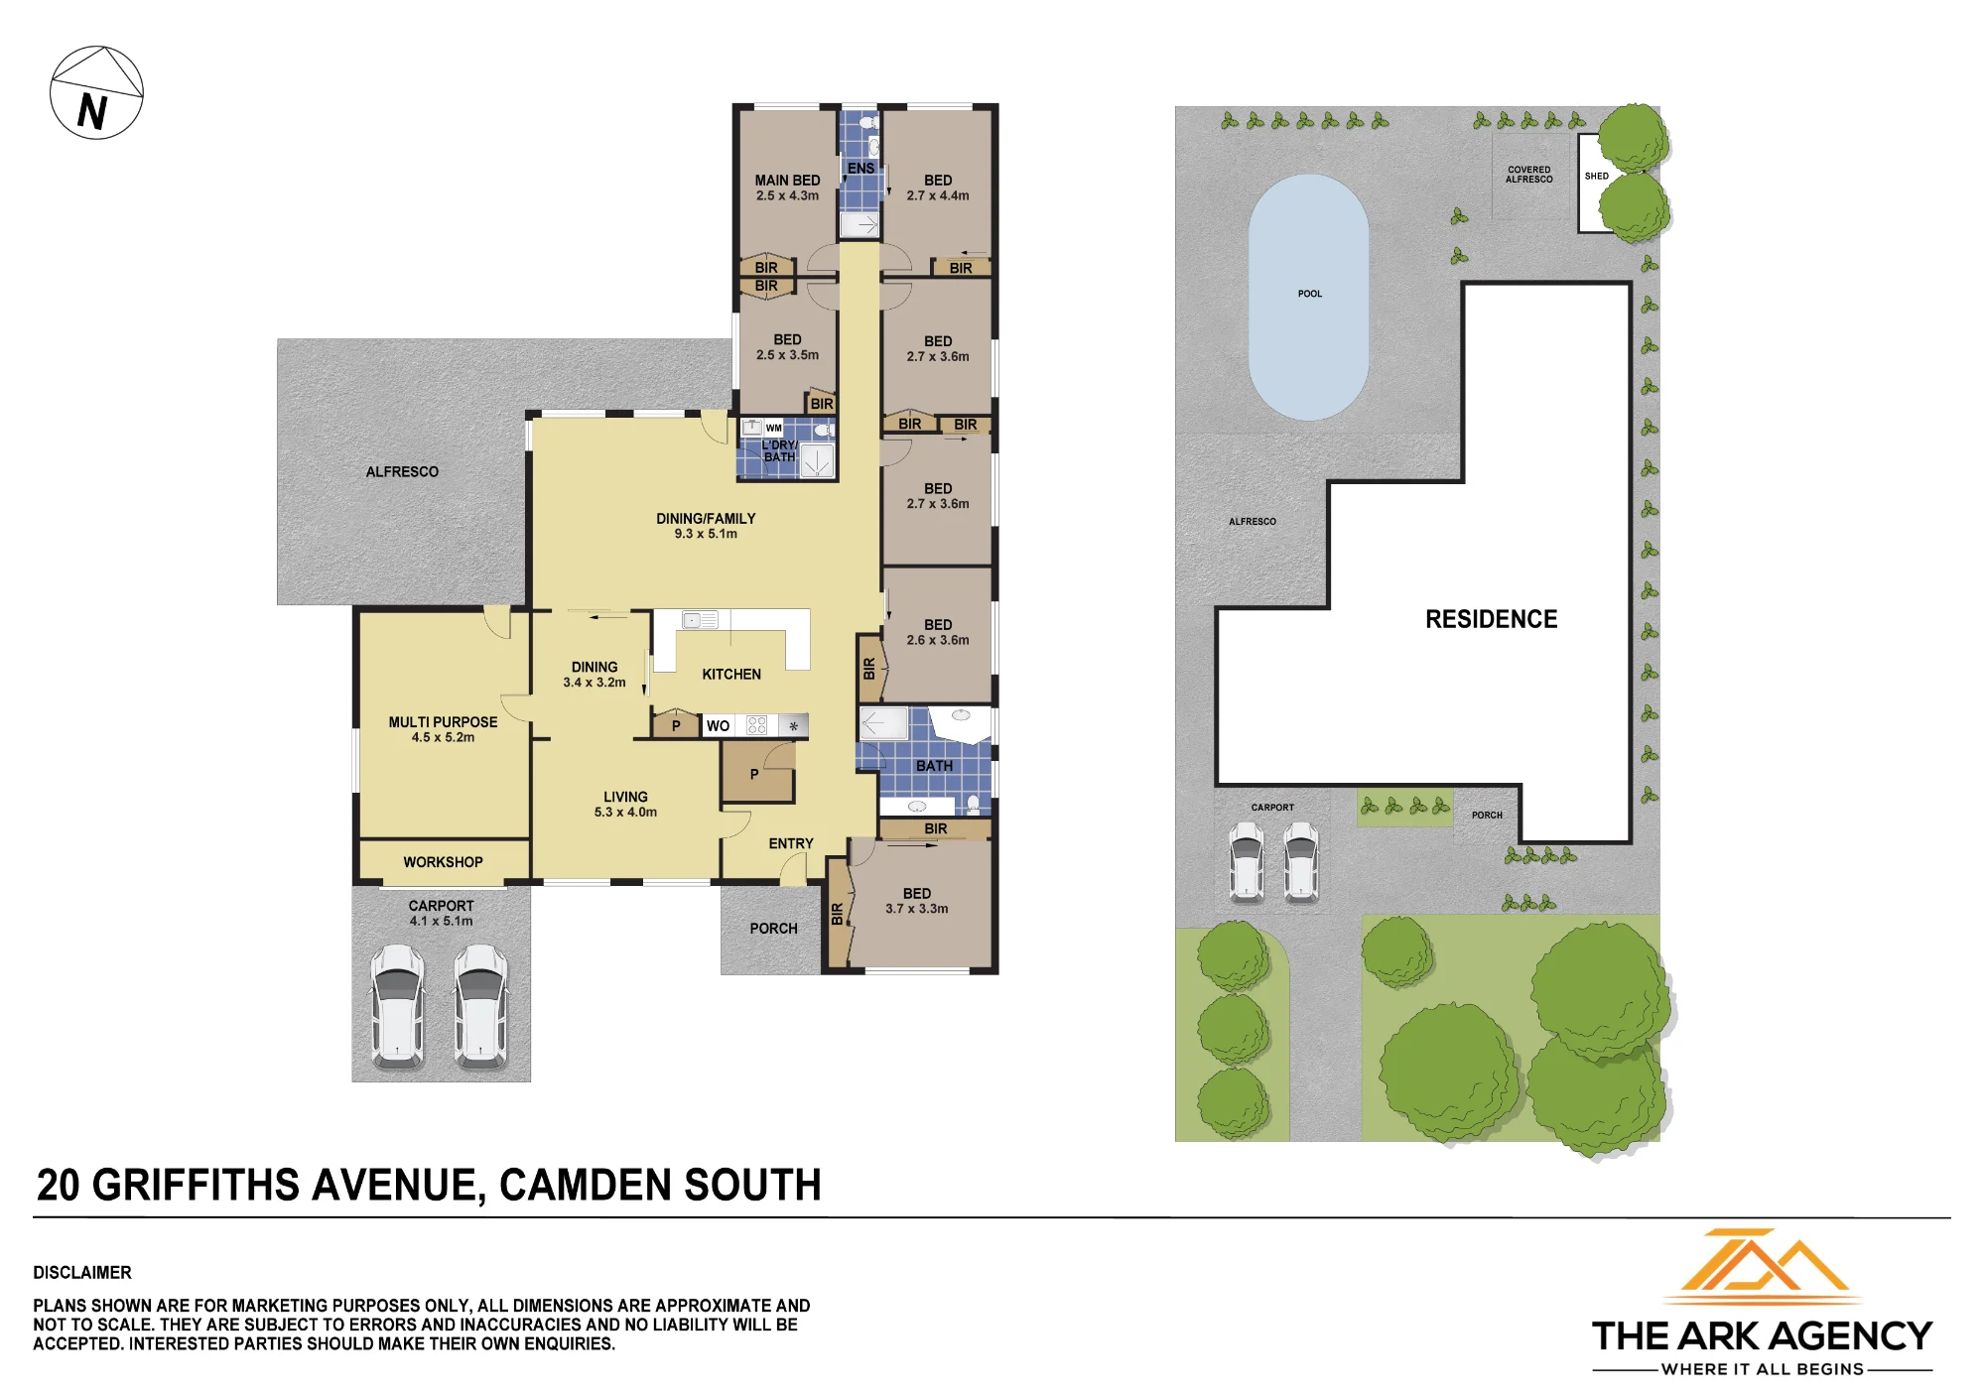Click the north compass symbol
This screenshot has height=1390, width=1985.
point(96,92)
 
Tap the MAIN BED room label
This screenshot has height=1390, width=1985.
point(787,181)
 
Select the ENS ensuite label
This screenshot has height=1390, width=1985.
point(860,169)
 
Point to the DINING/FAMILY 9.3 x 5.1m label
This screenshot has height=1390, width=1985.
point(706,526)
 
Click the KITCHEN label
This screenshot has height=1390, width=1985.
point(731,675)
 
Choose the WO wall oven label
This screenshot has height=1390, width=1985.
point(718,726)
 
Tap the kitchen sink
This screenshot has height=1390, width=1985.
point(700,620)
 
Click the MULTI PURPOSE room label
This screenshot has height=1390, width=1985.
point(443,722)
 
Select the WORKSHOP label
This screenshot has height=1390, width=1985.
point(443,862)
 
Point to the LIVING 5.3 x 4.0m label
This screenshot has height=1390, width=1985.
point(625,805)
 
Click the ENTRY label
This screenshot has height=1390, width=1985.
point(791,843)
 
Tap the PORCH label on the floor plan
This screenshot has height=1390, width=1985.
point(773,929)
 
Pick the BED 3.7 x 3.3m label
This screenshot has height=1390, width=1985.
point(917,901)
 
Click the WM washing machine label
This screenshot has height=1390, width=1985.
point(774,429)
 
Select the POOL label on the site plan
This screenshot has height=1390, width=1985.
point(1310,294)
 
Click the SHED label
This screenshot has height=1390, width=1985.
point(1597,177)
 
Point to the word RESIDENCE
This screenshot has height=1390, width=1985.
point(1492,619)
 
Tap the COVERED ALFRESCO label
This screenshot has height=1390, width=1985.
point(1529,175)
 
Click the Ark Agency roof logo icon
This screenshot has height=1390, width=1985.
point(1762,1263)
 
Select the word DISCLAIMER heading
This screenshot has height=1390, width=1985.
point(82,1272)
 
